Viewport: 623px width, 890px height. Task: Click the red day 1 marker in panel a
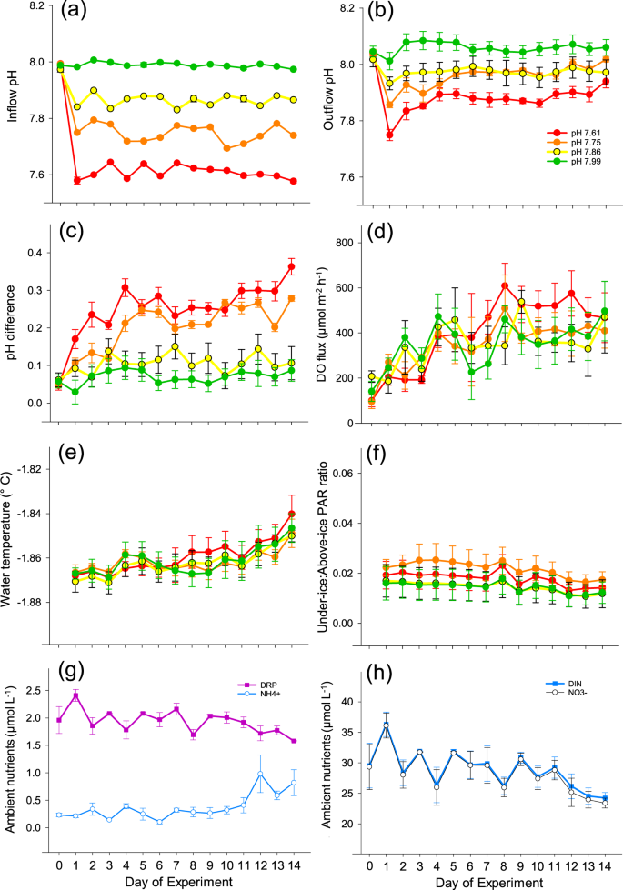tap(77, 180)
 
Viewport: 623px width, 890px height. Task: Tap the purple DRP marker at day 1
tap(77, 695)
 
